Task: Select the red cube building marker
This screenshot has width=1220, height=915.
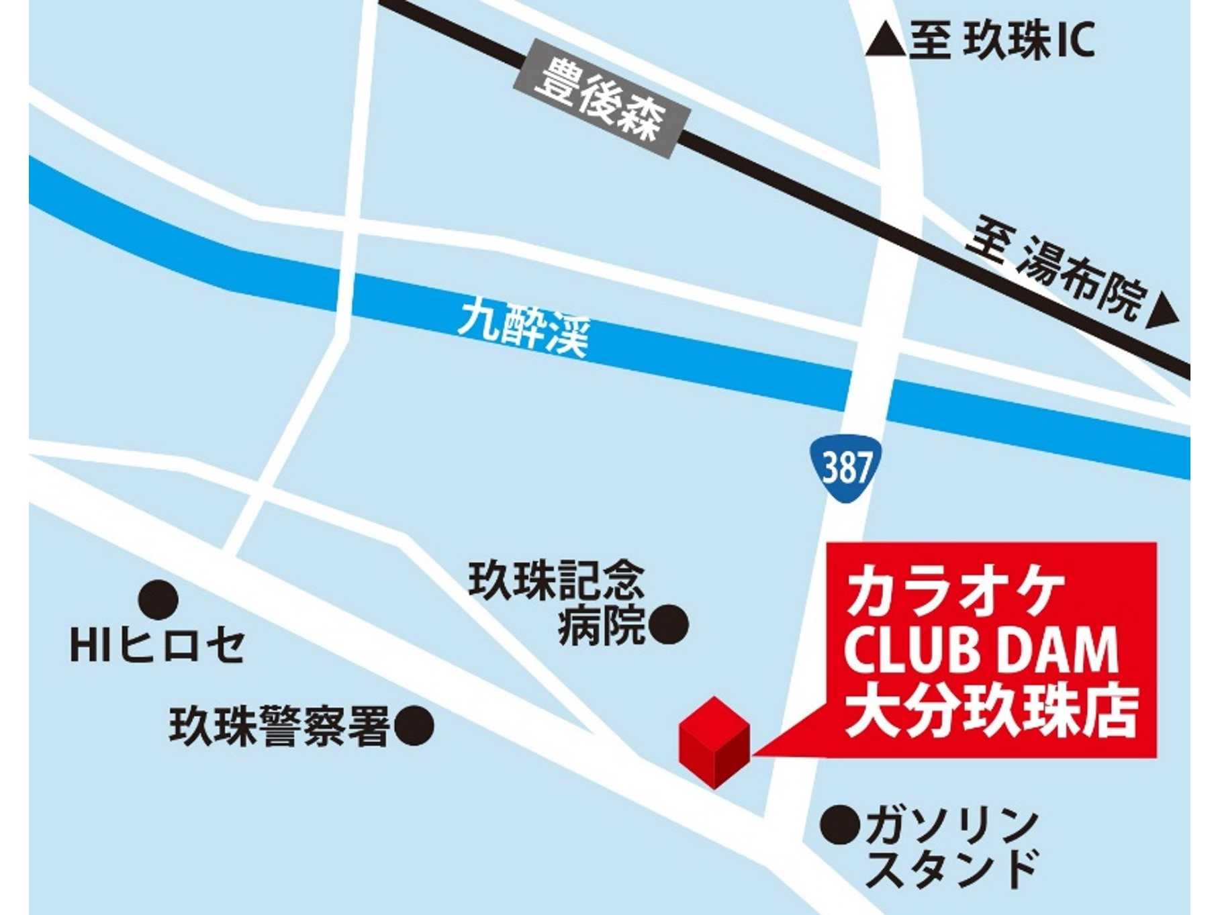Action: click(714, 742)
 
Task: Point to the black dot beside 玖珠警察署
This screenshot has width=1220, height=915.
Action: click(414, 726)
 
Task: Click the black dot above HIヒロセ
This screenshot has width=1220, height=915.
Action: click(158, 599)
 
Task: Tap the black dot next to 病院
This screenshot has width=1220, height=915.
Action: click(669, 625)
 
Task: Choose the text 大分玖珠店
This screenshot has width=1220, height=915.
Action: click(991, 712)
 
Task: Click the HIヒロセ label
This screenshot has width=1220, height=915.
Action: click(157, 646)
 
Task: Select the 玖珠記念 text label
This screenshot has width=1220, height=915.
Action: click(556, 581)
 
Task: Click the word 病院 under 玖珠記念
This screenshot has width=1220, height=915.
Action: click(601, 626)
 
